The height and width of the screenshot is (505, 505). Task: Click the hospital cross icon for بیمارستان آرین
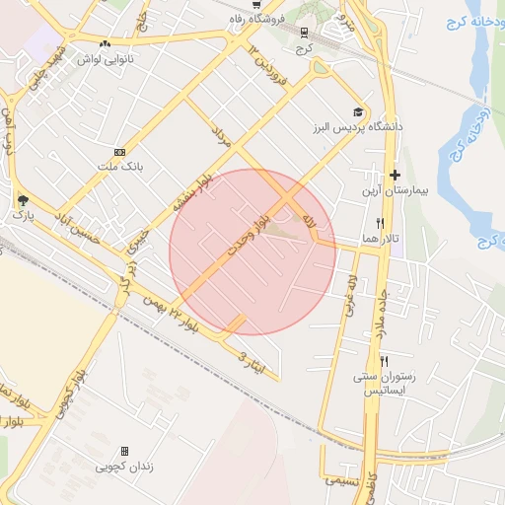tap(395, 175)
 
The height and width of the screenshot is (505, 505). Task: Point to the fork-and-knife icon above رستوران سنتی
tap(384, 361)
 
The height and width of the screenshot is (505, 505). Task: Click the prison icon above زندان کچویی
tap(124, 451)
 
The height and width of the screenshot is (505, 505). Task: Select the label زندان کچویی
tap(124, 466)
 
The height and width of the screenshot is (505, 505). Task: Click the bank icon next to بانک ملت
tap(119, 152)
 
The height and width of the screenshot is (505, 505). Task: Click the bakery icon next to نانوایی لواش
tap(105, 43)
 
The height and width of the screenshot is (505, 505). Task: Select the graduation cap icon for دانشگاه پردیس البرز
tap(357, 112)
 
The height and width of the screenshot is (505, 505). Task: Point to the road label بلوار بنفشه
tap(193, 192)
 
